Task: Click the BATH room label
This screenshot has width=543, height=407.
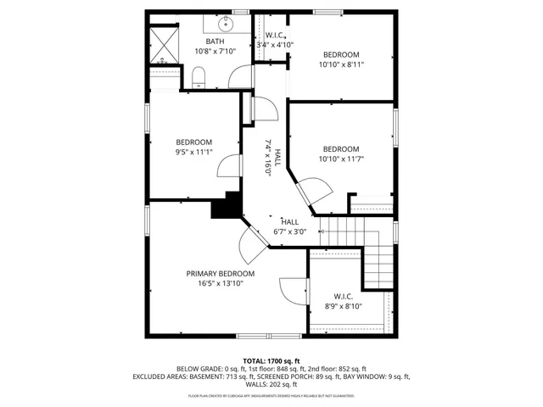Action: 215,41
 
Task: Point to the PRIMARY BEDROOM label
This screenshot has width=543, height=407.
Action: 221,274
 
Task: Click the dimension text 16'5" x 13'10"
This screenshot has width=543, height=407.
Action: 221,284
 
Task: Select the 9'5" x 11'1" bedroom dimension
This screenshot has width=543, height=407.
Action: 194,153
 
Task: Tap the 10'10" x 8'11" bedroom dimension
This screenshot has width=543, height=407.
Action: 341,64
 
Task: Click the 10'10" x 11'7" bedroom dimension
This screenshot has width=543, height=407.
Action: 341,159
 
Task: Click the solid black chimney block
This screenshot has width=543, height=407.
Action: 227,206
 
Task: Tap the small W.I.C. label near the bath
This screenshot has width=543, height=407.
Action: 275,36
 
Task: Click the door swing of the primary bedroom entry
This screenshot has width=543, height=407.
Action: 251,246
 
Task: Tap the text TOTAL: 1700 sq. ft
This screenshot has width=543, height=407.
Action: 271,360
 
